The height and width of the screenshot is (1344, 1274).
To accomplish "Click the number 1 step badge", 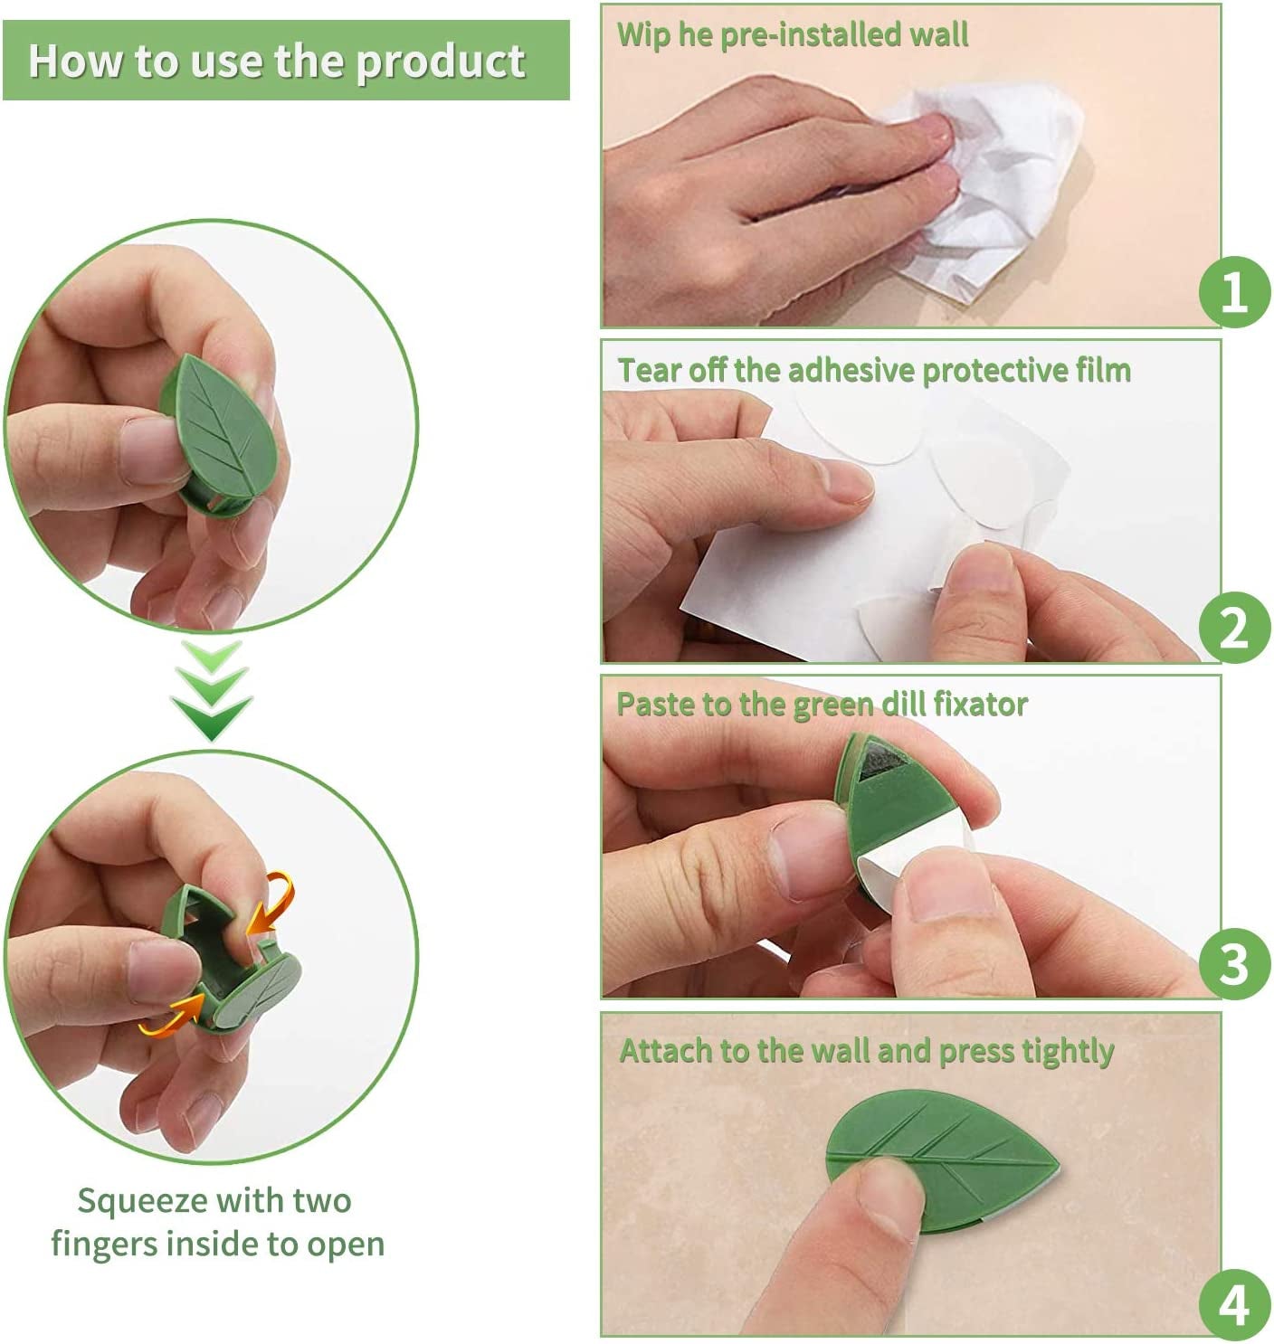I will click(x=1234, y=292).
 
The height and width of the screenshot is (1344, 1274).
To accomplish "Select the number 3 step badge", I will click(x=1234, y=963).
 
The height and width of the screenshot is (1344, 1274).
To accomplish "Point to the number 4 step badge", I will click(x=1234, y=1305).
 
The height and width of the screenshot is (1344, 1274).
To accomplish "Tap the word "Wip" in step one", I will click(x=643, y=35).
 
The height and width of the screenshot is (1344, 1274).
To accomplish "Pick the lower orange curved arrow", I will click(x=172, y=1015).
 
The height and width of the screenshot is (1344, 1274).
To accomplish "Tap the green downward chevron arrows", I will click(x=212, y=692).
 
